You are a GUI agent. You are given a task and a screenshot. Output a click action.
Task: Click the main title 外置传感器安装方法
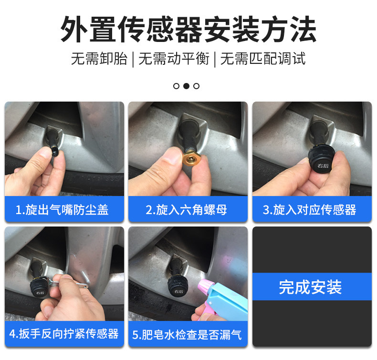[188, 29]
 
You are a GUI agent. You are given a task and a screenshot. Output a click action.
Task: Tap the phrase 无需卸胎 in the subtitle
[99, 59]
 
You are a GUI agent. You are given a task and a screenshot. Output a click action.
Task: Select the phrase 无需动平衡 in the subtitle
[174, 59]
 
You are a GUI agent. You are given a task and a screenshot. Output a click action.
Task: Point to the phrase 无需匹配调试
[263, 59]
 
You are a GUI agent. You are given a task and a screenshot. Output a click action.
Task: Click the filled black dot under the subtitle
[186, 86]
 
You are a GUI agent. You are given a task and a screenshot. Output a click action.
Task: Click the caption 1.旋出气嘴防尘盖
[62, 210]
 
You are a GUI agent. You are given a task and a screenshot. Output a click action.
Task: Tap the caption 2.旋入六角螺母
[186, 210]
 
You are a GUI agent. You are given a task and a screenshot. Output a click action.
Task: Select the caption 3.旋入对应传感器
[309, 210]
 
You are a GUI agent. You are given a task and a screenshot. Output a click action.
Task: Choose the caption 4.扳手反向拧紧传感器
[64, 334]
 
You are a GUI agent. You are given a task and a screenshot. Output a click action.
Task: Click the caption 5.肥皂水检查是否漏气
[187, 335]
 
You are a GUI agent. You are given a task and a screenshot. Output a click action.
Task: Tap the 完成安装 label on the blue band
[310, 287]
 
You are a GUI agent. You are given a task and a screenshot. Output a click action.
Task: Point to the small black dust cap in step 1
[55, 152]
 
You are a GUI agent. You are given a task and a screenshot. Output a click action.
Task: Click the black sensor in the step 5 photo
[178, 286]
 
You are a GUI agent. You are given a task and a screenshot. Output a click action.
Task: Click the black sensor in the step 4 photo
[39, 288]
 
